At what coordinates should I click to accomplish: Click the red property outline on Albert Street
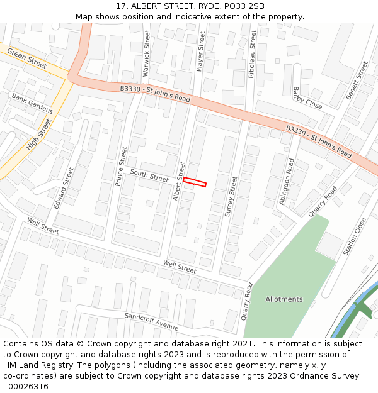[195, 182]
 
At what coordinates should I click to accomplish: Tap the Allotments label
[283, 299]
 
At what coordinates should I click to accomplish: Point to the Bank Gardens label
[32, 104]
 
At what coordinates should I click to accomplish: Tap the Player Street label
[202, 52]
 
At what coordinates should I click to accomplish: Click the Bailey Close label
[307, 99]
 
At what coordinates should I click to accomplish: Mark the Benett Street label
[357, 80]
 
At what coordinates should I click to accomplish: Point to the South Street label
[149, 175]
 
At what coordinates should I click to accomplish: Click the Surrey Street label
[231, 197]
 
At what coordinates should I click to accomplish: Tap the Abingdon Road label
[287, 182]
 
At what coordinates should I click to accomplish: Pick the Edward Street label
[64, 187]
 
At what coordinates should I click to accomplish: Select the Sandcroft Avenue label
[151, 321]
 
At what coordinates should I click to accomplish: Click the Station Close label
[354, 237]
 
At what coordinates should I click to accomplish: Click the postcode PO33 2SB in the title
[244, 6]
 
